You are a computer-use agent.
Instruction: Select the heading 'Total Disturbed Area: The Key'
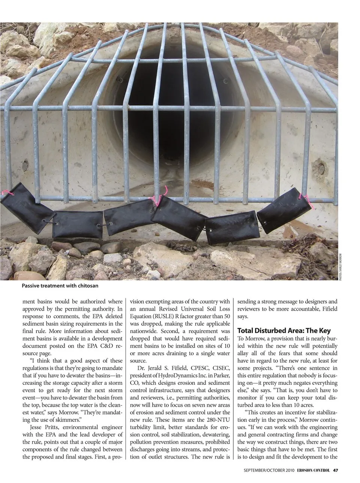tap(284, 330)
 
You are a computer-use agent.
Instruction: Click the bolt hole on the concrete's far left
tap(25, 164)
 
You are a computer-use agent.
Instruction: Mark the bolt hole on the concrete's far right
tap(321, 164)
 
